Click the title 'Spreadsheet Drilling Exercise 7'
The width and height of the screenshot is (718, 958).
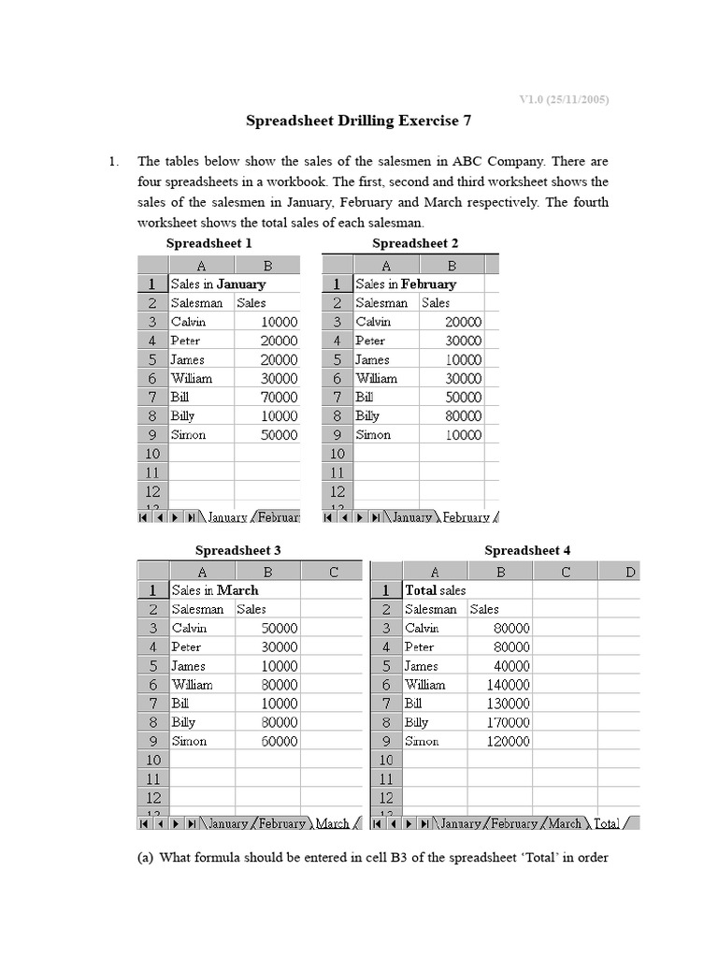(x=358, y=121)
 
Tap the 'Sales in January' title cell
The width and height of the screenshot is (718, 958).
(x=219, y=283)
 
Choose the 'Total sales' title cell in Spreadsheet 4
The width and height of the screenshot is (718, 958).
(x=435, y=590)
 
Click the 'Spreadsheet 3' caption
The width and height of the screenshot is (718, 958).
(x=237, y=550)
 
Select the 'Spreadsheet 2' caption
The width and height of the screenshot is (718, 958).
(x=415, y=243)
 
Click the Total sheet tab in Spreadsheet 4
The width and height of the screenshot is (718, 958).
(x=607, y=824)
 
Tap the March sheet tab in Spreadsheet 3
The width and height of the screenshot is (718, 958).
(x=333, y=824)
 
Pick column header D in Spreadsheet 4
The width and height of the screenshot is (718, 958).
(x=630, y=572)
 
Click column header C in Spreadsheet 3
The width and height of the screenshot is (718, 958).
(x=333, y=572)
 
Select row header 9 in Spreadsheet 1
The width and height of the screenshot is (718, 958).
(x=151, y=434)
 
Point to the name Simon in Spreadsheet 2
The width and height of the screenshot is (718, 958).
(x=373, y=434)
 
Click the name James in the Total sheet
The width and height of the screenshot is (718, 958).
(x=421, y=665)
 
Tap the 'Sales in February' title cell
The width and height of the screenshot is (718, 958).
(x=406, y=283)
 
